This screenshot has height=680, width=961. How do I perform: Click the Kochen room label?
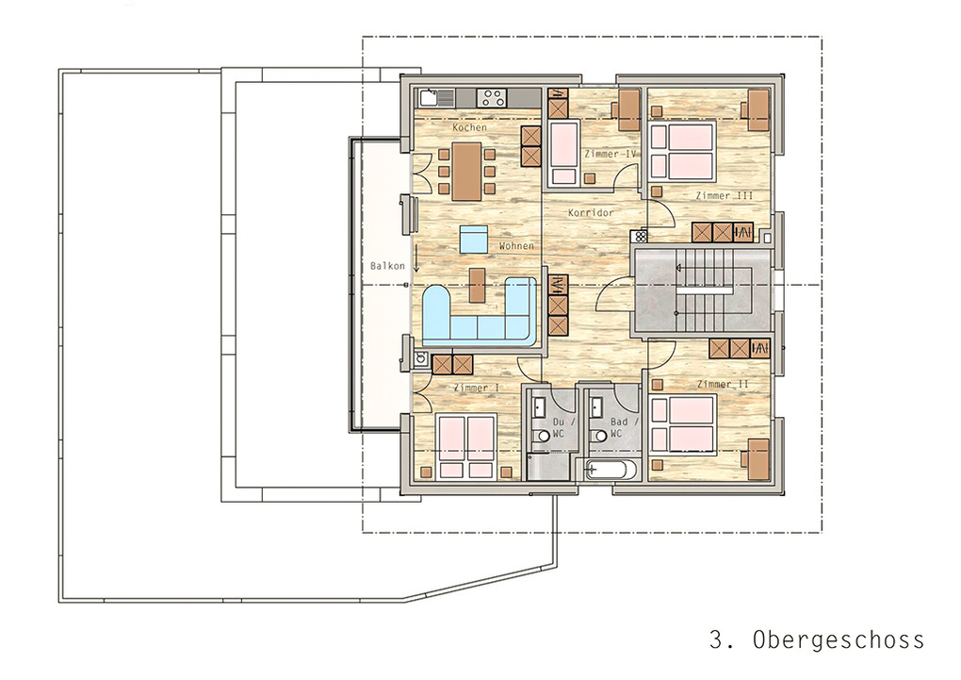pos(469,127)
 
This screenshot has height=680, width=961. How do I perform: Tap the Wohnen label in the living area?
pos(516,245)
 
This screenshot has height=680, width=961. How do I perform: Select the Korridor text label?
pos(591,212)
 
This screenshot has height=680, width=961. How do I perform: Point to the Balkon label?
pos(387,266)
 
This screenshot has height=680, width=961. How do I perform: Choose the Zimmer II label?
pos(724,384)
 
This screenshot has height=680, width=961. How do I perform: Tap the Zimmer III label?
pos(724,196)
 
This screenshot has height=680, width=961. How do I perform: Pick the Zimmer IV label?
pos(611,154)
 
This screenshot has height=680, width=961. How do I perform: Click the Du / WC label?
pos(562,428)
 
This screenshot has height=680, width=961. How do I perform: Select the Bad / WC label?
pos(623,428)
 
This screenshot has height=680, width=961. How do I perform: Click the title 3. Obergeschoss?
pos(816,639)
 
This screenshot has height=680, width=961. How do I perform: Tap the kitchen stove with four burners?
pos(492,97)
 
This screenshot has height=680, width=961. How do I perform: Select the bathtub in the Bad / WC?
pos(606,470)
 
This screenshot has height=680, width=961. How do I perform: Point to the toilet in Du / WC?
pos(541,435)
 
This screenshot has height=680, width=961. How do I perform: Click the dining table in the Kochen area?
pos(467,172)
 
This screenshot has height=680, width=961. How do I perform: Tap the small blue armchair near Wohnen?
pos(474,239)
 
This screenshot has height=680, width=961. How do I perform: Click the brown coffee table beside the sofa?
pos(477,285)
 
